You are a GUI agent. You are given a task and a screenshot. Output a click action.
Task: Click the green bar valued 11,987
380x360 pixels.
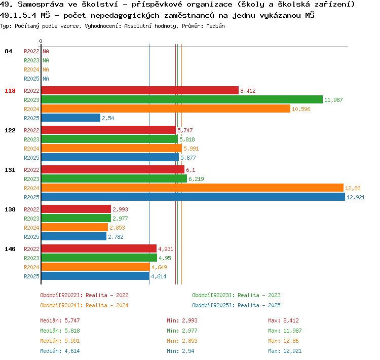[x=182, y=99]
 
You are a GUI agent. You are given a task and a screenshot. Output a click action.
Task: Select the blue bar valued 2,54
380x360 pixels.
[x=71, y=118]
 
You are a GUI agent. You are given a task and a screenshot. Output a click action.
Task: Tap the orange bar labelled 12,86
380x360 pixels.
[x=193, y=188]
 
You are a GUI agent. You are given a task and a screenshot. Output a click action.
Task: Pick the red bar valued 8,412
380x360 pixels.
[x=140, y=90]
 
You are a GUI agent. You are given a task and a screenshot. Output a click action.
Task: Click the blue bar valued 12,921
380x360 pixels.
[x=193, y=197]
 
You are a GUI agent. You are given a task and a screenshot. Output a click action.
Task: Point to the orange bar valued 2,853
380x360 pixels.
[x=74, y=227]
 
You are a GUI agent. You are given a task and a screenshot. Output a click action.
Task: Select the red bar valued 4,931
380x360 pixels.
[x=99, y=248]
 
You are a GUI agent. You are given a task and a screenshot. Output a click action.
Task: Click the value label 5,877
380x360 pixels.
[x=188, y=158]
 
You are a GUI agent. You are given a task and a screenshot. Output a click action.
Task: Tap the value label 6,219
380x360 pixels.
[x=196, y=179]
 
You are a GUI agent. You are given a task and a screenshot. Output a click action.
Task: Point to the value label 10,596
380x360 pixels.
[x=301, y=109]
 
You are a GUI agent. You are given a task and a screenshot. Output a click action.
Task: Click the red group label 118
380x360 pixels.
[x=10, y=91]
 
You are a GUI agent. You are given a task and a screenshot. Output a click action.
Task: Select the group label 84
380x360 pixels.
[x=8, y=51]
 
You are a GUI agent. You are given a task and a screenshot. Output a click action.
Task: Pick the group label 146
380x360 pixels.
[x=10, y=249]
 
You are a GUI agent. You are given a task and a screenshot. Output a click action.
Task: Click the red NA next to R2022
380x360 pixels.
[x=46, y=51]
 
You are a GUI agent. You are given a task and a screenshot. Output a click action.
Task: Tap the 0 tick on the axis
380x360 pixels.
[x=41, y=41]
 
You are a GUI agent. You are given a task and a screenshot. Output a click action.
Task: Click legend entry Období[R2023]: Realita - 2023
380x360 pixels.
[x=236, y=295]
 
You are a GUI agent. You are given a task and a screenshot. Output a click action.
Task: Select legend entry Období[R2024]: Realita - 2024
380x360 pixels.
[x=84, y=305]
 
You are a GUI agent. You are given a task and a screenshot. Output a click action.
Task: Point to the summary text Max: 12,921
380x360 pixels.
[x=285, y=351]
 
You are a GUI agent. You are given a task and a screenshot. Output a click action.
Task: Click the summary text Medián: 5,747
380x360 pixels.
[x=60, y=320]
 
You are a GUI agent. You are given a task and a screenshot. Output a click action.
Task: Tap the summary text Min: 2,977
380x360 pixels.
[x=182, y=331]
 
